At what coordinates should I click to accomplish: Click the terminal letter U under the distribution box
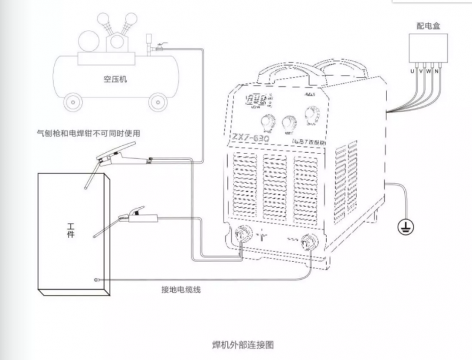point(412,71)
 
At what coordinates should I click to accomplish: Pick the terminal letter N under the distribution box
point(437,71)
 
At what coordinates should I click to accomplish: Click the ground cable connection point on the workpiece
point(97,279)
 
